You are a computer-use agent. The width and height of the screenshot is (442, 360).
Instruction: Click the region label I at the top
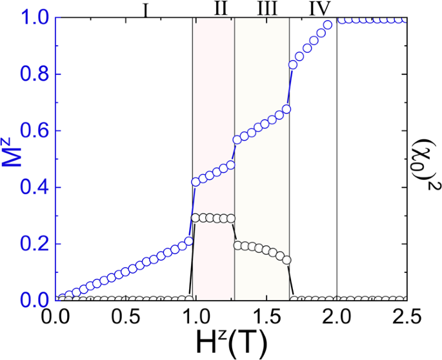pyautogui.click(x=146, y=10)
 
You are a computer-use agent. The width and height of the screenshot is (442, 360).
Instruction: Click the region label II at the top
pyautogui.click(x=220, y=10)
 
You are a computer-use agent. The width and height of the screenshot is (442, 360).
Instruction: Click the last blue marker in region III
pyautogui.click(x=286, y=109)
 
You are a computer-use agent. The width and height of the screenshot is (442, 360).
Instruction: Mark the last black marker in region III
pyautogui.click(x=287, y=260)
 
